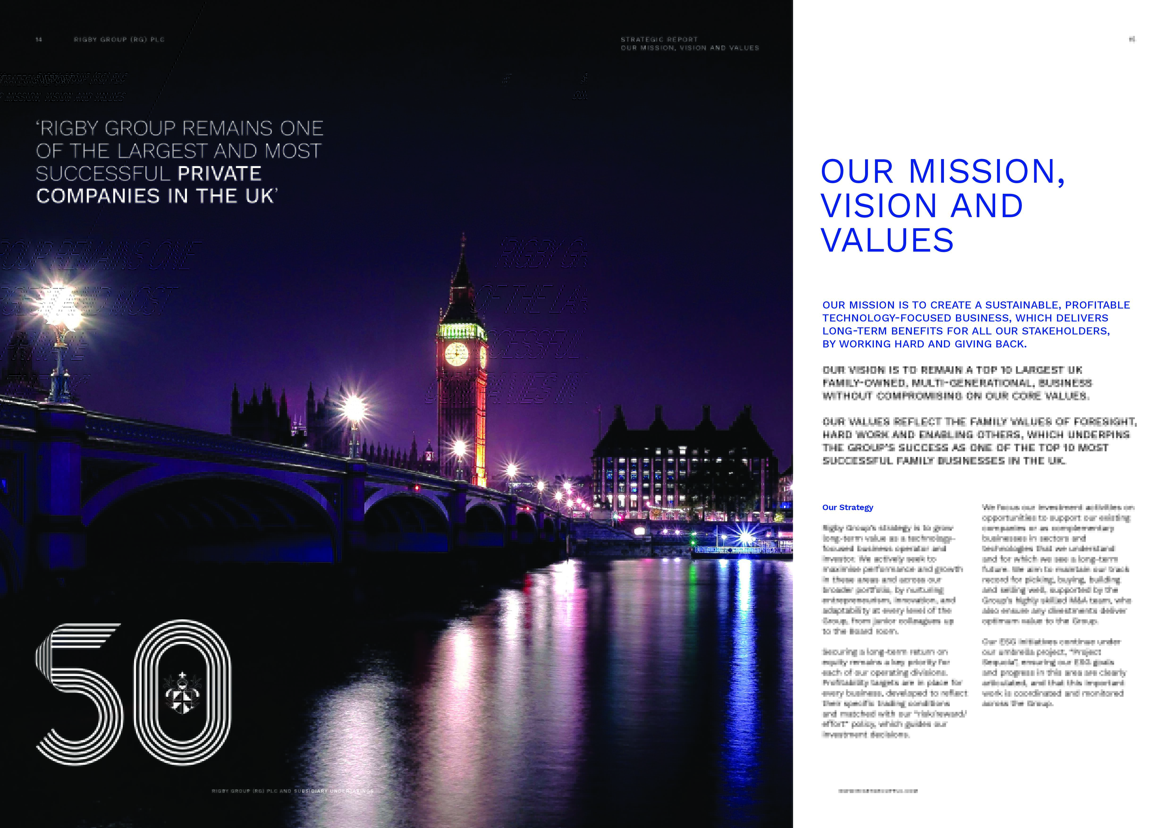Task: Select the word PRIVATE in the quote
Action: pos(219,174)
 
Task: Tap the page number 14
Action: pos(39,39)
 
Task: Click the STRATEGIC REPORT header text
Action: pos(659,39)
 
